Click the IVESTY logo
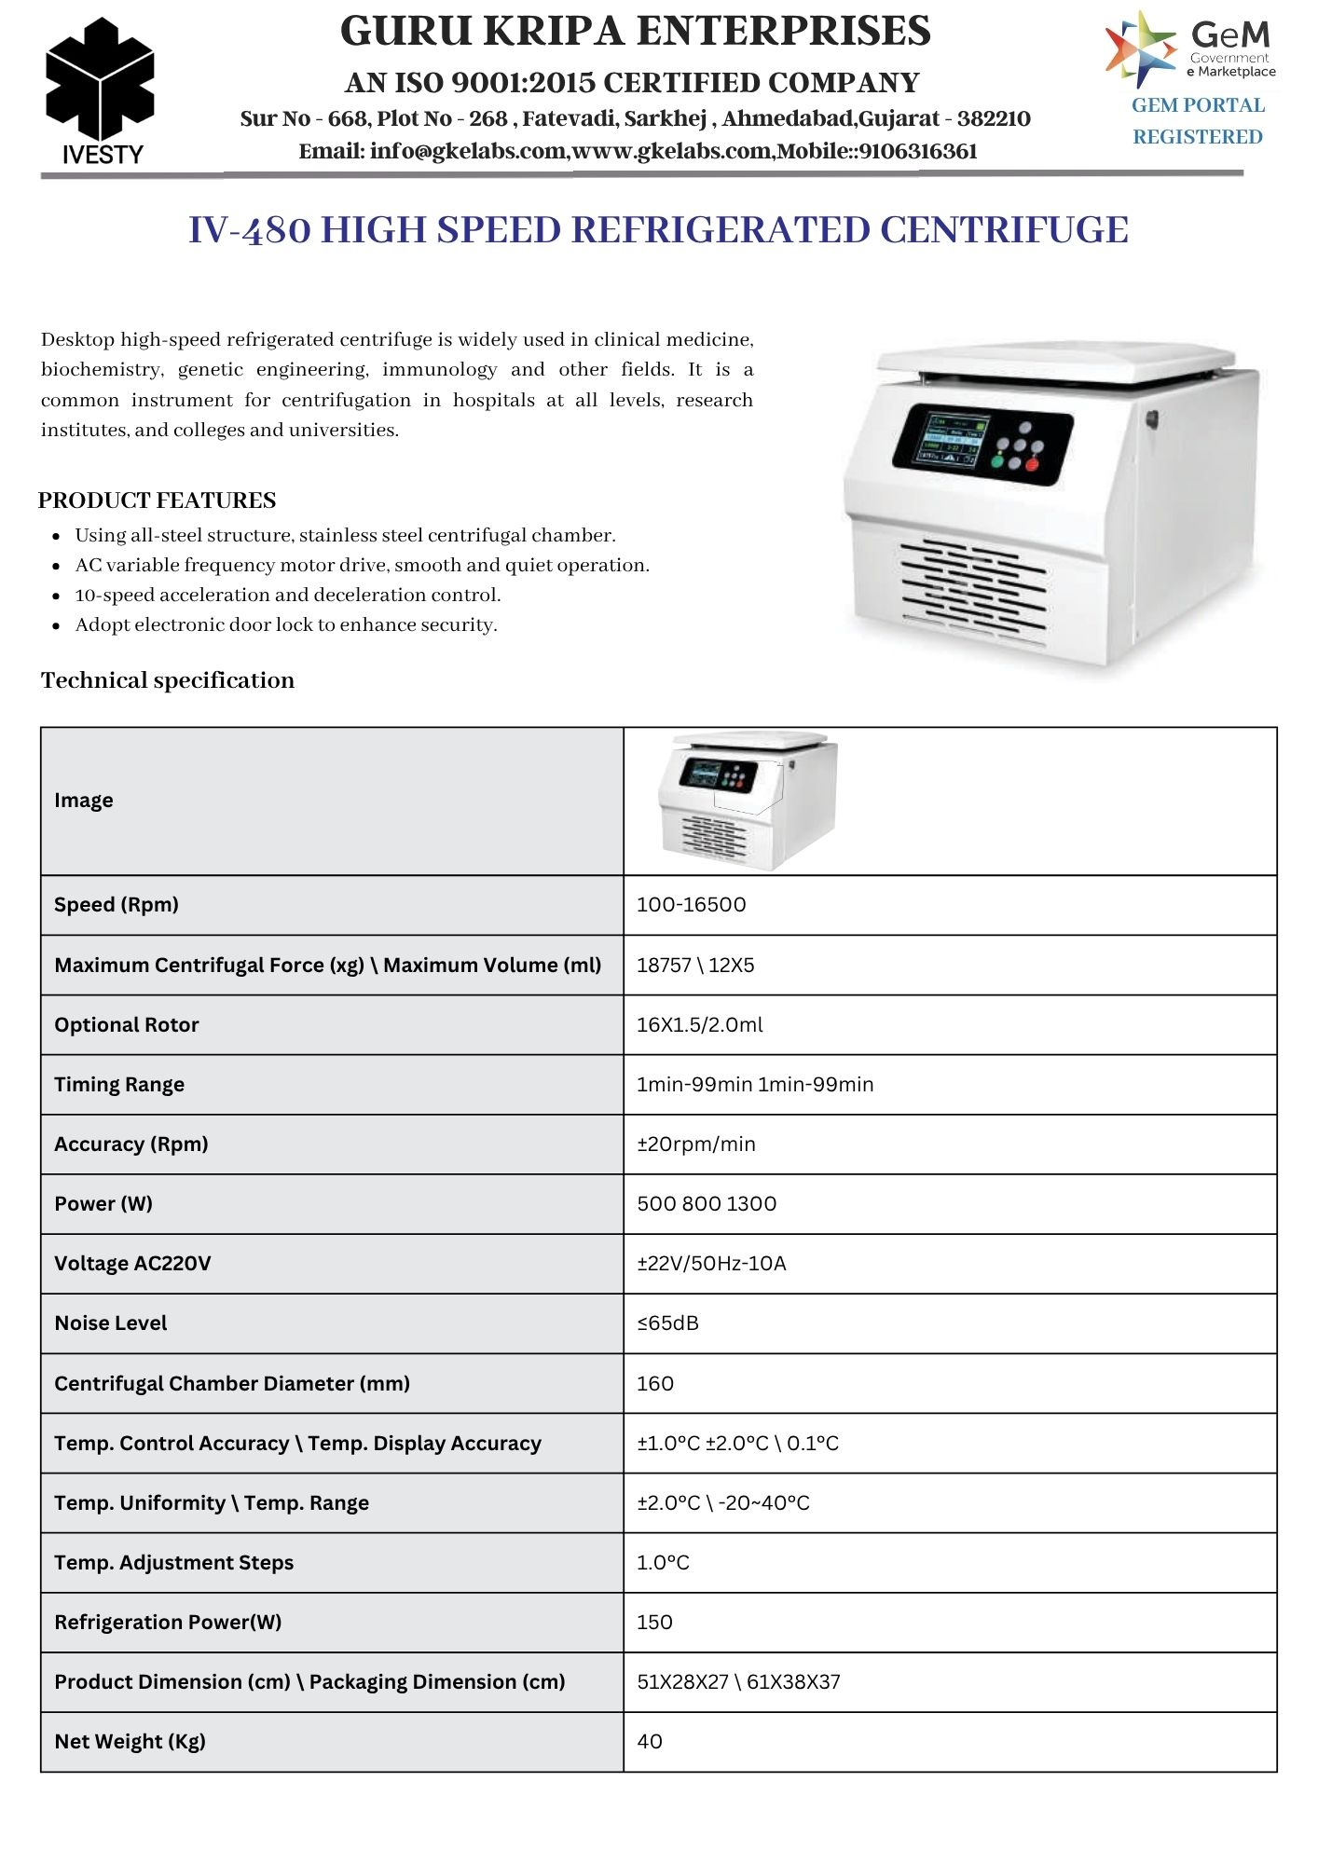[x=101, y=91]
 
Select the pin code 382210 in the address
[x=994, y=119]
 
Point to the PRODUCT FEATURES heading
[x=157, y=500]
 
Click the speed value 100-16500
[x=691, y=905]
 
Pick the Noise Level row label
[x=111, y=1323]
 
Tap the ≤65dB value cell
[x=667, y=1323]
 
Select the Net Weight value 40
[x=650, y=1742]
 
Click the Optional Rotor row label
[x=127, y=1025]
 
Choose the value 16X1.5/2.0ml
[x=699, y=1025]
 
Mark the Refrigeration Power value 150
[x=654, y=1623]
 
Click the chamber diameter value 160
[x=654, y=1384]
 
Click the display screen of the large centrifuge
[x=954, y=441]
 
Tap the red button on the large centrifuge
[x=1032, y=463]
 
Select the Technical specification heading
[x=168, y=680]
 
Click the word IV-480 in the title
[x=249, y=230]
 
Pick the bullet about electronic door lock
[x=286, y=625]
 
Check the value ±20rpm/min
[x=695, y=1144]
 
